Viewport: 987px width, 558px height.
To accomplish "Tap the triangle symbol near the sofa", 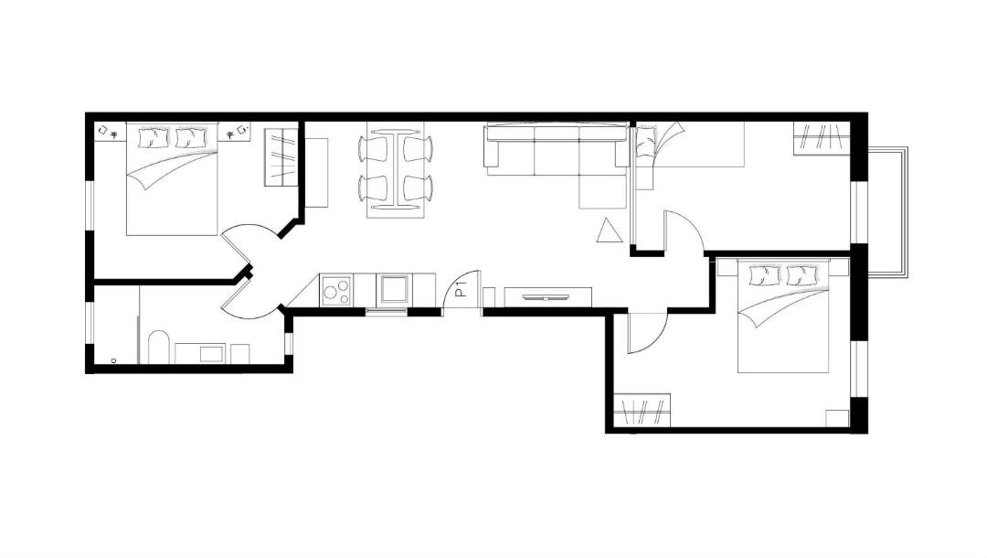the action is click(610, 231).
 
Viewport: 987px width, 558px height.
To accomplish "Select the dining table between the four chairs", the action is click(396, 169).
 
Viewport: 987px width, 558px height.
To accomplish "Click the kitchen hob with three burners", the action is click(336, 290).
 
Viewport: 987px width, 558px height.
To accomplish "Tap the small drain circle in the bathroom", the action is click(113, 361).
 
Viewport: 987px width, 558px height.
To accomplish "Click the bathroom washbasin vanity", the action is click(200, 353).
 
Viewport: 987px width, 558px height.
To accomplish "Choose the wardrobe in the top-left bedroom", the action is click(281, 156).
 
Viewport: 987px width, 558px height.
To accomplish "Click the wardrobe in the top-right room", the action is click(821, 138).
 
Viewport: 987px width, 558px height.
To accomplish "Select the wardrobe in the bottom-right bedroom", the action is click(642, 410).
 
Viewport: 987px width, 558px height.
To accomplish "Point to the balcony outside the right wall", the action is click(887, 211).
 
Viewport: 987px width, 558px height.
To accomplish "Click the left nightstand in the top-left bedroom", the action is click(111, 133).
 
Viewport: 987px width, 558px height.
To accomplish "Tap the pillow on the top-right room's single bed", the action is click(646, 142).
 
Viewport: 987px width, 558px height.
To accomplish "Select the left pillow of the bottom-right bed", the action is click(765, 275).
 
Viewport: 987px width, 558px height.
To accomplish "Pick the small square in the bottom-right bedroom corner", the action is click(837, 418).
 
